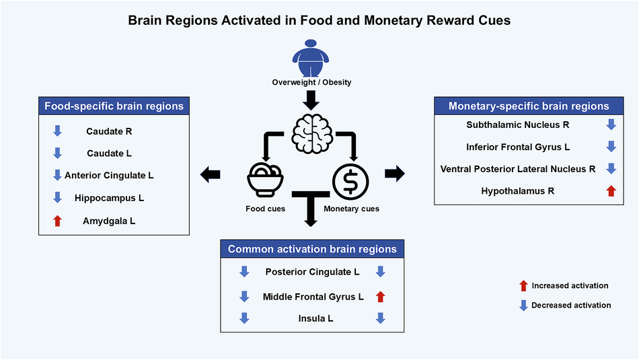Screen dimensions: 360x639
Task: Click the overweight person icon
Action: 311,59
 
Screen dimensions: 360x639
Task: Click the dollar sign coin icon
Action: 351,181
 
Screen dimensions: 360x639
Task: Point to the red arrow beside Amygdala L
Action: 57,220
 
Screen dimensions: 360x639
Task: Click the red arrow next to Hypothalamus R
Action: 611,191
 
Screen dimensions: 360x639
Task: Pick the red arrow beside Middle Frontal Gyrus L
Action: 380,295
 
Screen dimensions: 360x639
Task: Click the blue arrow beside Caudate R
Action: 57,132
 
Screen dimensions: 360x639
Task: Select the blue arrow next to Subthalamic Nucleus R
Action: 611,124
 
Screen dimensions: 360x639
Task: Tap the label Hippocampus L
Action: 109,198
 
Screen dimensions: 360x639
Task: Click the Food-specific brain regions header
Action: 114,106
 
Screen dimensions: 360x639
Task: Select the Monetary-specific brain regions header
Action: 529,106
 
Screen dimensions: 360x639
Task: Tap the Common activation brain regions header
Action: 312,249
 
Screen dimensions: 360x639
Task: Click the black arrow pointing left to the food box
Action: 211,175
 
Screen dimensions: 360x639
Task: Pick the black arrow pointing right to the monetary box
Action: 394,174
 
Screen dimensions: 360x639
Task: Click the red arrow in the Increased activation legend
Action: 523,286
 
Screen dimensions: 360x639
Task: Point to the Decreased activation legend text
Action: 571,305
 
